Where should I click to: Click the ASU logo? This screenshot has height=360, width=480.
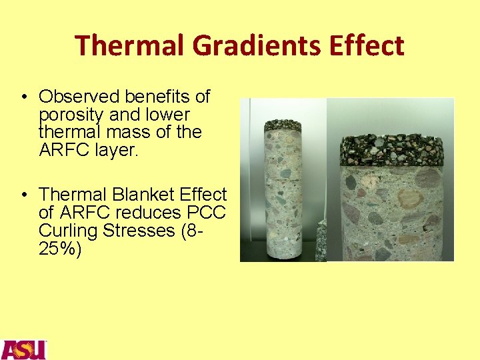pos(23,349)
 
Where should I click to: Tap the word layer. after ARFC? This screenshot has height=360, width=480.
pos(115,150)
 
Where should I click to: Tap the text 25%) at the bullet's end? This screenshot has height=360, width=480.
pos(60,249)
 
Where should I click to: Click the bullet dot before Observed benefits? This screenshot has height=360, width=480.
pos(23,97)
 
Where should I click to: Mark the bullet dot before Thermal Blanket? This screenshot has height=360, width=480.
pos(23,195)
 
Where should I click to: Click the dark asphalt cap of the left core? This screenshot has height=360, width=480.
pos(283,125)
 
